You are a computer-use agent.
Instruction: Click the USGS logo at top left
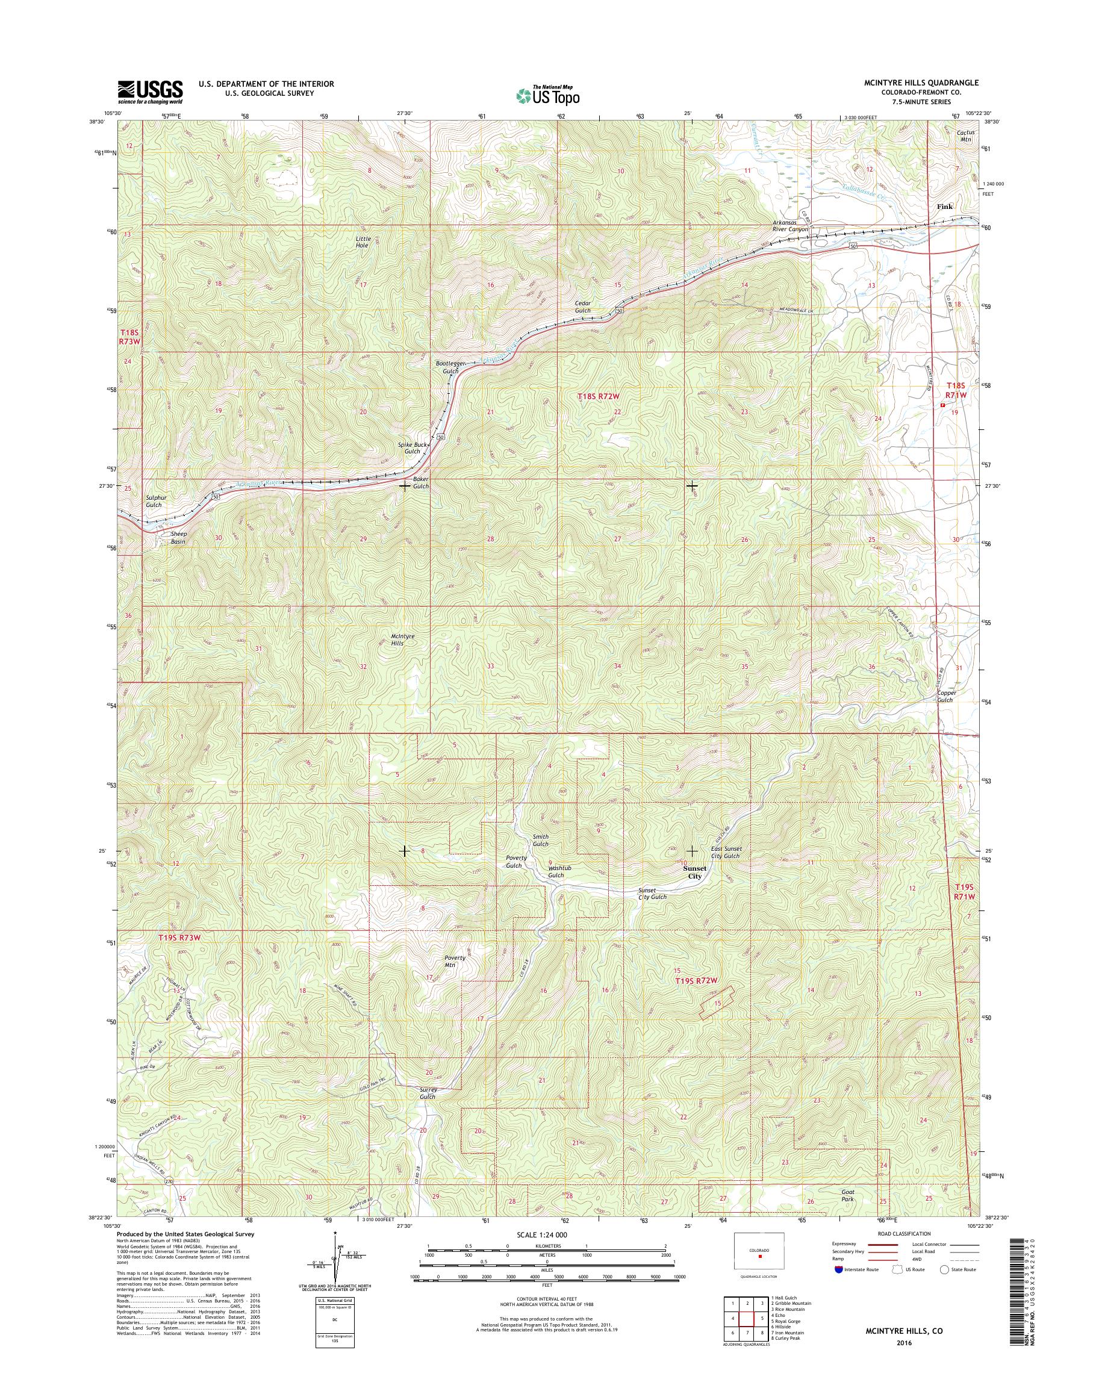click(149, 92)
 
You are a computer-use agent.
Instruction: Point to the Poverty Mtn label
click(455, 979)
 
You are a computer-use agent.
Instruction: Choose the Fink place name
click(945, 207)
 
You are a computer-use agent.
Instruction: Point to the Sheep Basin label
click(178, 537)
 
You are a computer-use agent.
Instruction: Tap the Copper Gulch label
click(946, 696)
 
